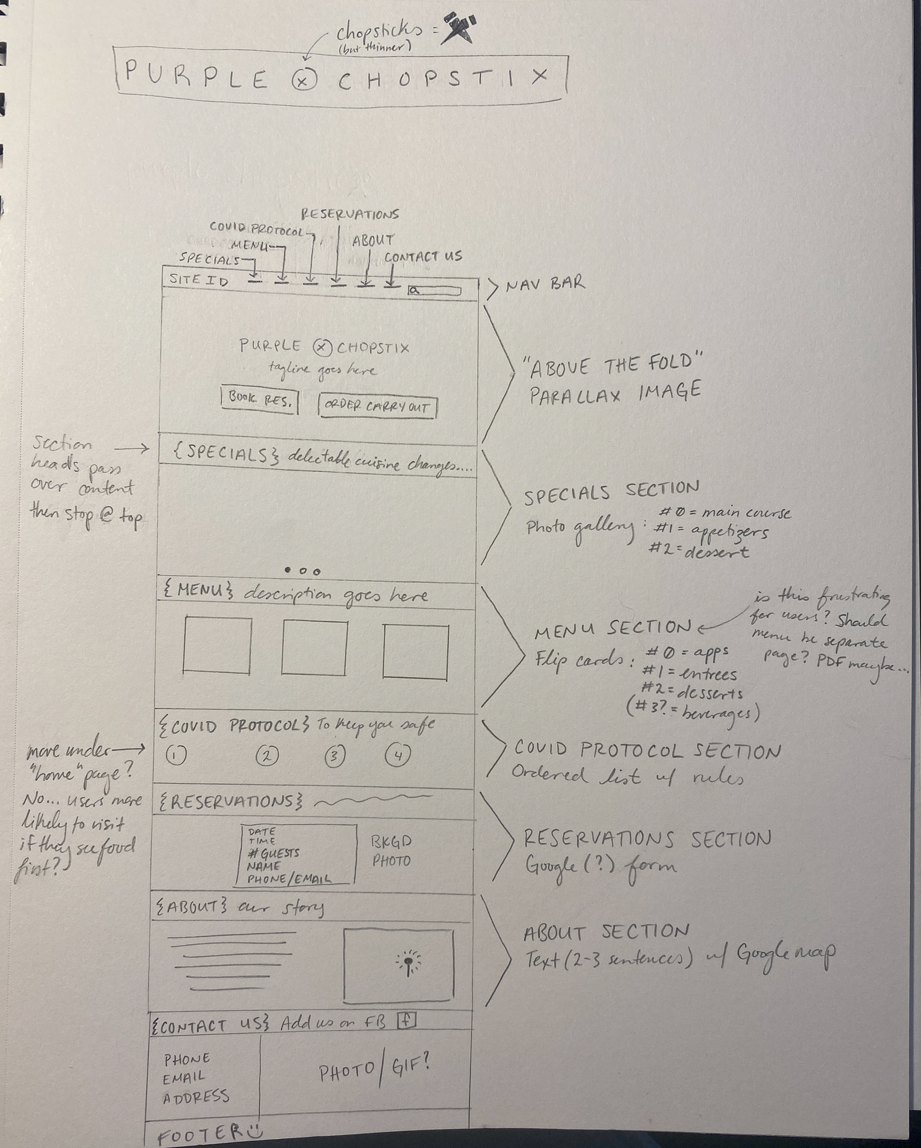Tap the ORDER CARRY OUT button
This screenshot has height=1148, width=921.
(x=377, y=407)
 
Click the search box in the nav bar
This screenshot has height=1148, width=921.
(x=435, y=291)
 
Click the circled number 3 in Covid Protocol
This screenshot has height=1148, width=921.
(x=334, y=756)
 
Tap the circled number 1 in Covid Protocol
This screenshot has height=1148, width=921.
(x=176, y=755)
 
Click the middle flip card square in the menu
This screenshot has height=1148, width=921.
(x=315, y=647)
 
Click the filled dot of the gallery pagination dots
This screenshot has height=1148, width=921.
(x=288, y=571)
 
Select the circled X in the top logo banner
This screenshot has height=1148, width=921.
(x=304, y=81)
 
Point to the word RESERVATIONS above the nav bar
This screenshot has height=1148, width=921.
(x=350, y=215)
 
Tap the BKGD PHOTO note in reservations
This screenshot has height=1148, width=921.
(x=391, y=851)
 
